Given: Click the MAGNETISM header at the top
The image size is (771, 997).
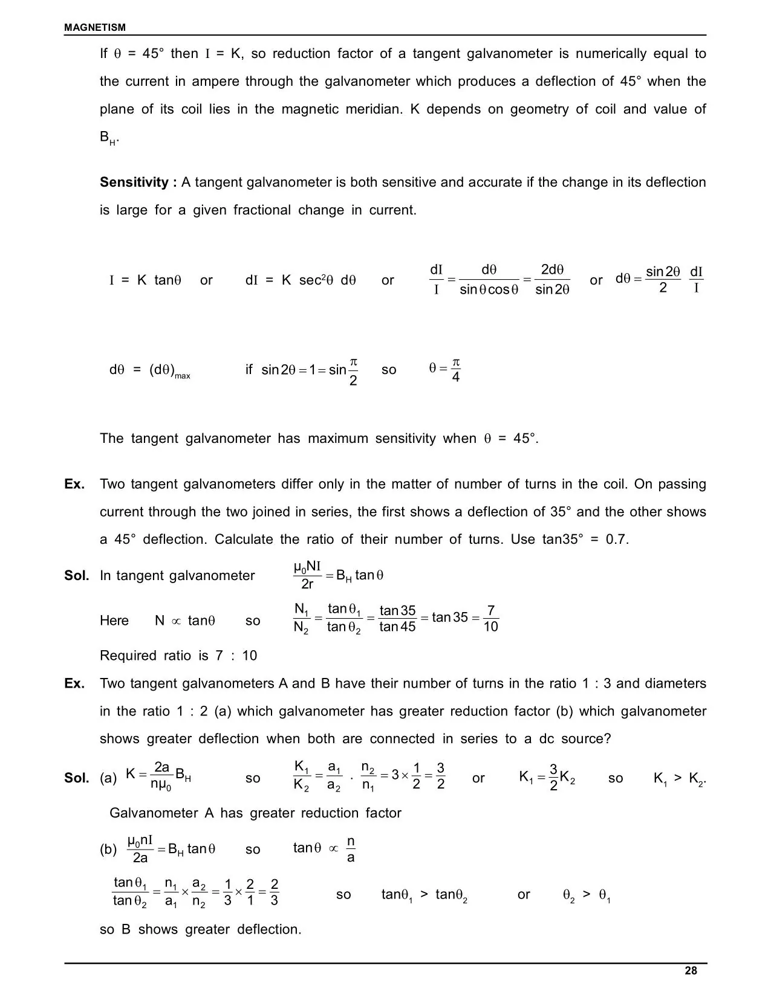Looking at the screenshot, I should pos(95,27).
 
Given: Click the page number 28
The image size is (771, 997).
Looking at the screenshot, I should pos(691,970).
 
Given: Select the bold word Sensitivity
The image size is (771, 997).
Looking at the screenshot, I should pos(134,182).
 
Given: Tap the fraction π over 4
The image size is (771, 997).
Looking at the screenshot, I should pos(455,370).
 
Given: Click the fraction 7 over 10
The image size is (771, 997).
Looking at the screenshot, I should pos(490,619).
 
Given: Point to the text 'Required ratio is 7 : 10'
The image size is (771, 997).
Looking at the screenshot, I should pos(178,656).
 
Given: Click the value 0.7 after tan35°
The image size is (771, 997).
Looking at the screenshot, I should pos(617,540).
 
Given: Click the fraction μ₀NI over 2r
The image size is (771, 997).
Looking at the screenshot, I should pos(307,575).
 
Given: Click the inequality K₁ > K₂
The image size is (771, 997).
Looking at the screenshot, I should pos(679,778).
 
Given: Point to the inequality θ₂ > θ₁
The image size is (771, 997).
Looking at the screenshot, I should pos(586,895).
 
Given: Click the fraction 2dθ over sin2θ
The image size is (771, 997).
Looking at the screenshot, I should pos(552,280).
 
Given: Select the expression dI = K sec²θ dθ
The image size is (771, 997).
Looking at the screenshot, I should pos(301,280).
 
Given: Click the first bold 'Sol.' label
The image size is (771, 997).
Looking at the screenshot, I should pos(77,575).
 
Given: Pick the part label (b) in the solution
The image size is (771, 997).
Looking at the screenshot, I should pos(108,850).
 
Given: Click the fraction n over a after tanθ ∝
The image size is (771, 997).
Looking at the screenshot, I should pos(351,850).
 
